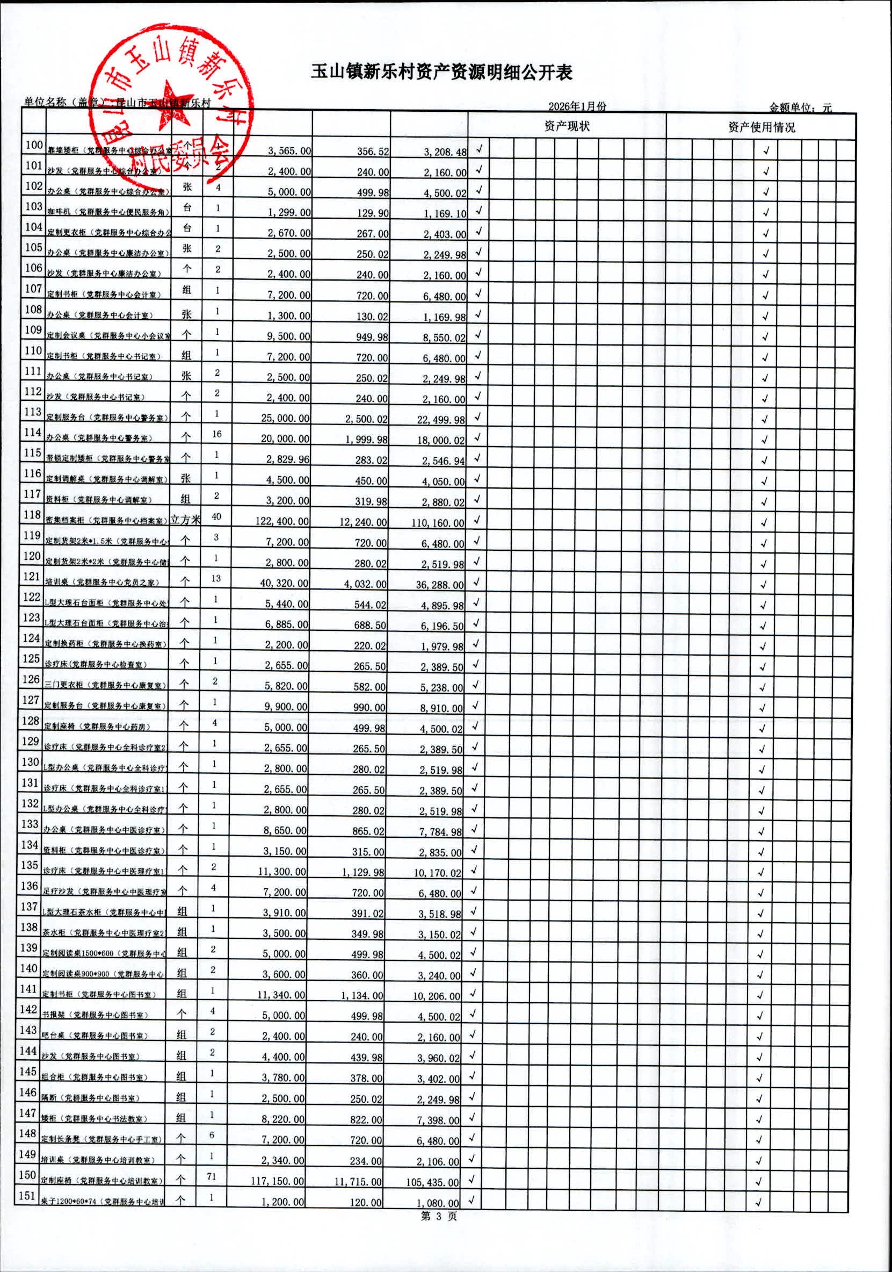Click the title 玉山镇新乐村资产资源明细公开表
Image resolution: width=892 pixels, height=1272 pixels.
click(x=441, y=73)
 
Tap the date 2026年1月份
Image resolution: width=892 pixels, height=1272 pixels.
click(x=577, y=106)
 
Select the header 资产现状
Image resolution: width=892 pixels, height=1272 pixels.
click(x=567, y=126)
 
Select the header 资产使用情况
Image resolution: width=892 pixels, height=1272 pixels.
click(x=762, y=127)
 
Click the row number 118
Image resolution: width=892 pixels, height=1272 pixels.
click(x=32, y=515)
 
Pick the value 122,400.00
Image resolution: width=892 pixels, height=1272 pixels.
click(x=282, y=521)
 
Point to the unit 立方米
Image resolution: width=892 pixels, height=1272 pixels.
click(x=185, y=519)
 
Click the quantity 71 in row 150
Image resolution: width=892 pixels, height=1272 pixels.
click(x=212, y=1176)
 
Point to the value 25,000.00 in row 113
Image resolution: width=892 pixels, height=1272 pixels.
click(x=285, y=418)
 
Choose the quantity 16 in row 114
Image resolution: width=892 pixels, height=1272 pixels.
click(x=216, y=434)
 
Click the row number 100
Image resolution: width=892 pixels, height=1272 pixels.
click(x=34, y=145)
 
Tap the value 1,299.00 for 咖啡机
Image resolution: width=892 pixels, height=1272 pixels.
click(x=289, y=213)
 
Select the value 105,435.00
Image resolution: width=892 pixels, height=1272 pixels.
click(x=432, y=1182)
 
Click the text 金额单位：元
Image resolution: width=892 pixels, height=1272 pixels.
click(x=800, y=107)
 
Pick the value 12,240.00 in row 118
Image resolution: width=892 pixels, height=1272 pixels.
click(x=363, y=522)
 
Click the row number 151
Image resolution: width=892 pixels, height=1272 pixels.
click(x=27, y=1196)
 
